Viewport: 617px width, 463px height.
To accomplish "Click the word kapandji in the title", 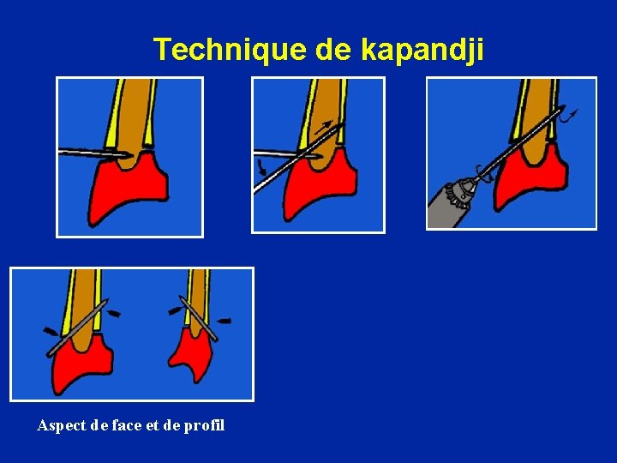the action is coord(422,50).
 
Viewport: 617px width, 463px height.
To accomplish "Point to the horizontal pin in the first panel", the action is coord(94,153).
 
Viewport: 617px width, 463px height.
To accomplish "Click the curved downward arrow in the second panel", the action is coord(261,167).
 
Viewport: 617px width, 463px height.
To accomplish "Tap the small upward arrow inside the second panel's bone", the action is coord(324,127).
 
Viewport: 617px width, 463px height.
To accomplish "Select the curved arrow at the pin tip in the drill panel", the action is coord(569,116).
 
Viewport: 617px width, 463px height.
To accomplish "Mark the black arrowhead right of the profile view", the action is coord(223,321).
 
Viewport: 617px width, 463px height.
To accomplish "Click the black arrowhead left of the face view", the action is coord(51,332).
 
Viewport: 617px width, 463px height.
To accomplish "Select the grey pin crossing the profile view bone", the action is coord(198,318).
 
